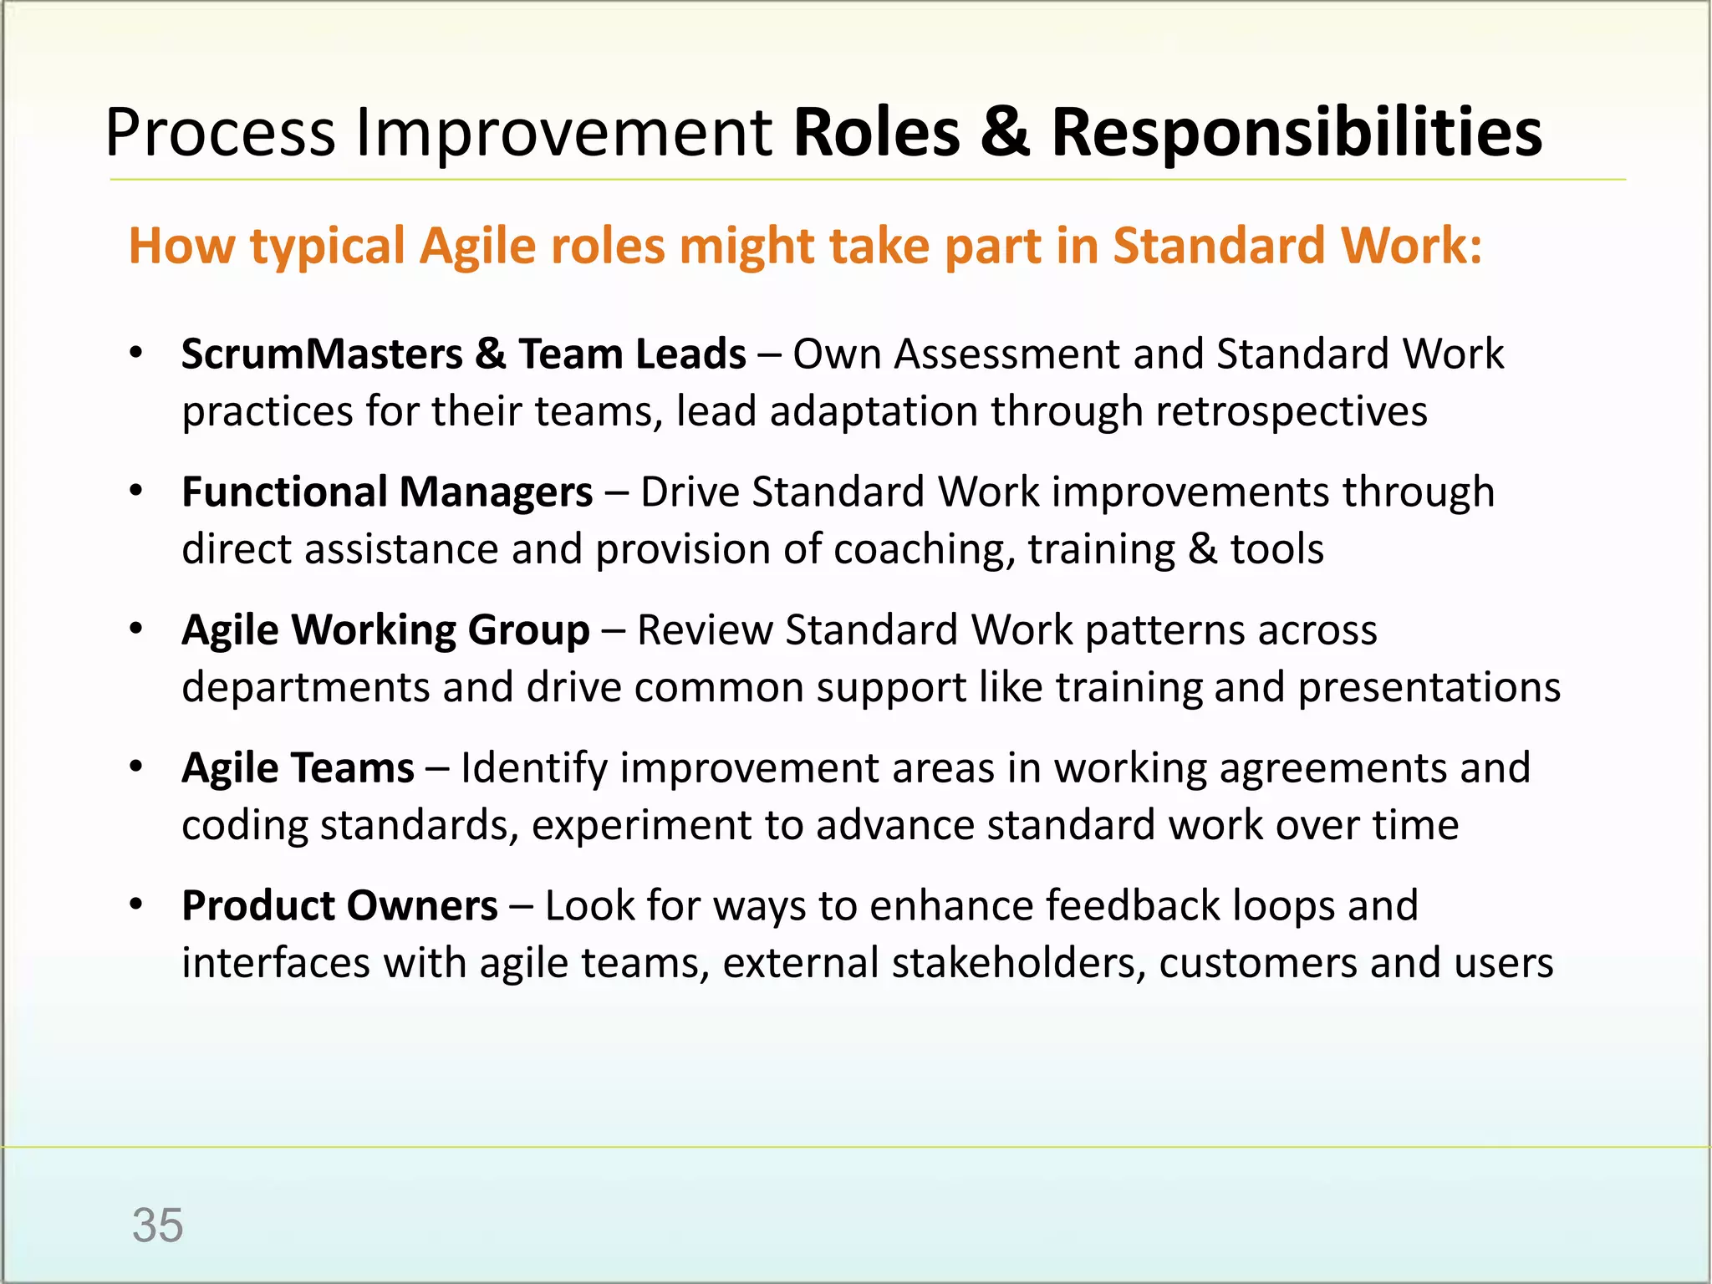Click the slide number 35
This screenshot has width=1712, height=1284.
point(157,1225)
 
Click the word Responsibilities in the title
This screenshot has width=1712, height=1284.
point(1296,134)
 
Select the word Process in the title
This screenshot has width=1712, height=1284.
point(220,134)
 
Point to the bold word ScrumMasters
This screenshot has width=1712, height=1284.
point(322,354)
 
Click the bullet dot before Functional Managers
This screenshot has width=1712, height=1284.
point(137,491)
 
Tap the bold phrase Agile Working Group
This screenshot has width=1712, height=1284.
point(385,629)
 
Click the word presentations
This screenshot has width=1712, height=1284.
point(1429,687)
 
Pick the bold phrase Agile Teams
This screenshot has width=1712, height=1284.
point(298,767)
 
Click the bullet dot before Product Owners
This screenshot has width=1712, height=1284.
point(137,904)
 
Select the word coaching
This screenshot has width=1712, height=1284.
point(924,550)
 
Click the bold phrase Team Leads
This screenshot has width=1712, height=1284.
point(632,354)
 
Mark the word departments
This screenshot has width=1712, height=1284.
point(305,687)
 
